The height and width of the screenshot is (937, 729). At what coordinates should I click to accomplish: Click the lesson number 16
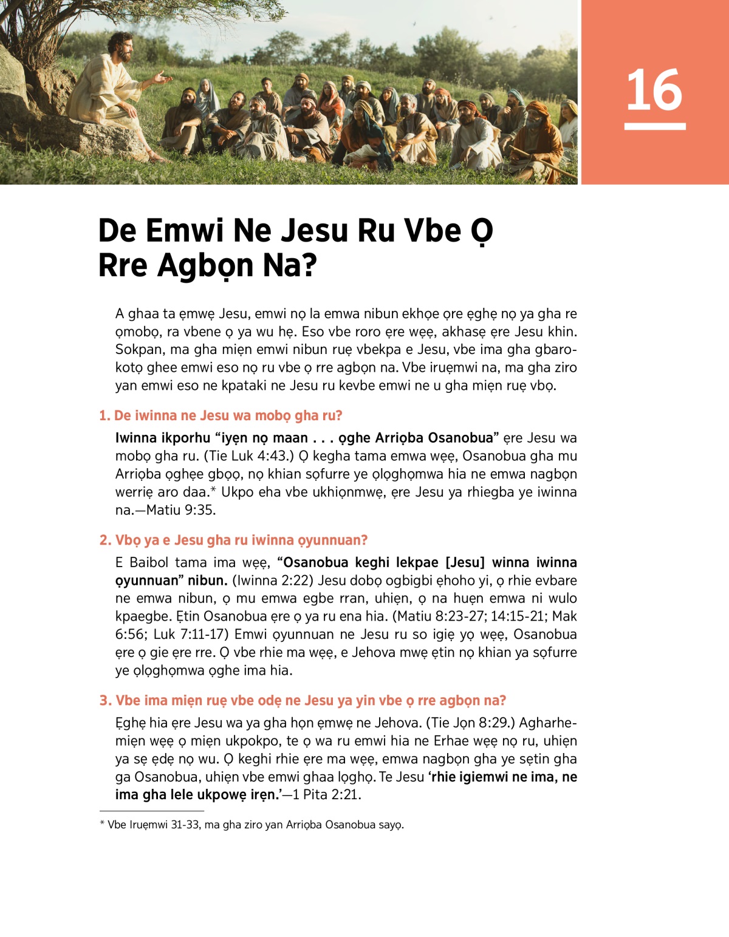(654, 90)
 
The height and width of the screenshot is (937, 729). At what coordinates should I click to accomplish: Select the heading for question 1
(221, 415)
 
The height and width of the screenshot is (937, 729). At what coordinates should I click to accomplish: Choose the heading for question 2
(234, 540)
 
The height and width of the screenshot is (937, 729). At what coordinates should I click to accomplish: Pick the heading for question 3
(303, 700)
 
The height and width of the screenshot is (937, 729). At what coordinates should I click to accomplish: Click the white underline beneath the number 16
(654, 126)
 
